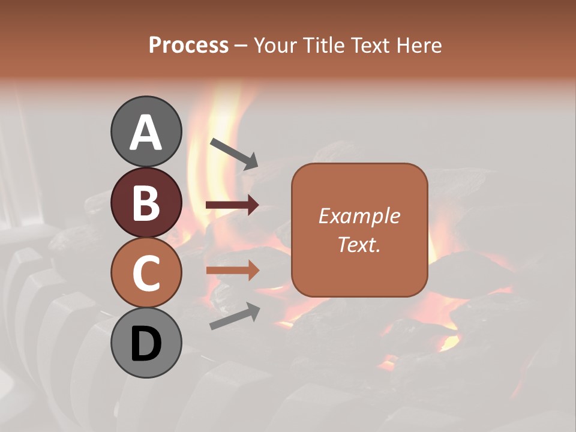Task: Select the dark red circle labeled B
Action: (146, 202)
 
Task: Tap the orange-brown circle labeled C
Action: (146, 272)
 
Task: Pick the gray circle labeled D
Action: (146, 343)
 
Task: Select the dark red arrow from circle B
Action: (232, 205)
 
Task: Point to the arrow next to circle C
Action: (232, 270)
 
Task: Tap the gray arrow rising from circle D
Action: (234, 316)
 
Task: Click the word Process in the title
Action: (188, 45)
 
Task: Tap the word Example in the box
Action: (359, 216)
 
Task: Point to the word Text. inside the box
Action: (359, 244)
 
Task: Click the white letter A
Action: (146, 133)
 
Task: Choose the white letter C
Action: (146, 274)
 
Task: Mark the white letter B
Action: (146, 203)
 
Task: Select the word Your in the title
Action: (274, 45)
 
